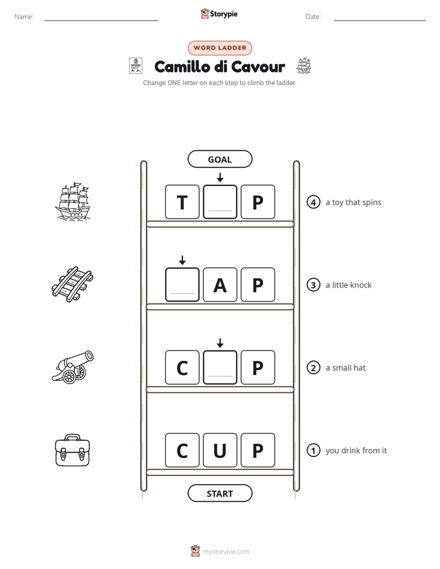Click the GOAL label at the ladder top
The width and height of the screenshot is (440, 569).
click(x=220, y=159)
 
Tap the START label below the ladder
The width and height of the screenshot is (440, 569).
click(x=220, y=493)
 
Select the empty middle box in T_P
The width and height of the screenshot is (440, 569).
click(x=220, y=202)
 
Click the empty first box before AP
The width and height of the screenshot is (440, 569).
click(x=182, y=284)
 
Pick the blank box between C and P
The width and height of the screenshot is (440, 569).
click(x=220, y=367)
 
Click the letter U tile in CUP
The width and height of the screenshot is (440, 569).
click(x=220, y=450)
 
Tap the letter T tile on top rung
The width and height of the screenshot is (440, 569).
click(x=182, y=202)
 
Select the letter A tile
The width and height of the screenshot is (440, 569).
click(x=220, y=284)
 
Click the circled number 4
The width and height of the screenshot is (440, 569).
click(x=313, y=202)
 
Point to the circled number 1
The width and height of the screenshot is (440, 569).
click(x=313, y=450)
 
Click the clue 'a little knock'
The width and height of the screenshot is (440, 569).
click(x=349, y=285)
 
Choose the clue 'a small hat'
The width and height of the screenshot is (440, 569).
click(x=346, y=368)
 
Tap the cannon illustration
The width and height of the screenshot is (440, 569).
click(x=73, y=367)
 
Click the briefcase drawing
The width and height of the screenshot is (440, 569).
click(x=72, y=450)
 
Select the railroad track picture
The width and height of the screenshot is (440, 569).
click(x=72, y=284)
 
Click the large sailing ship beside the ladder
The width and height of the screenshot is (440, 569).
click(x=73, y=201)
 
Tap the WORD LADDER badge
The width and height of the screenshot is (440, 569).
click(x=220, y=48)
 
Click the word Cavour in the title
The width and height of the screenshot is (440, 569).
click(x=258, y=67)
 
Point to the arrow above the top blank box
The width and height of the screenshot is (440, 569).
click(x=220, y=177)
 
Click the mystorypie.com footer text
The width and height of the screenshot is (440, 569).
click(x=226, y=552)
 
